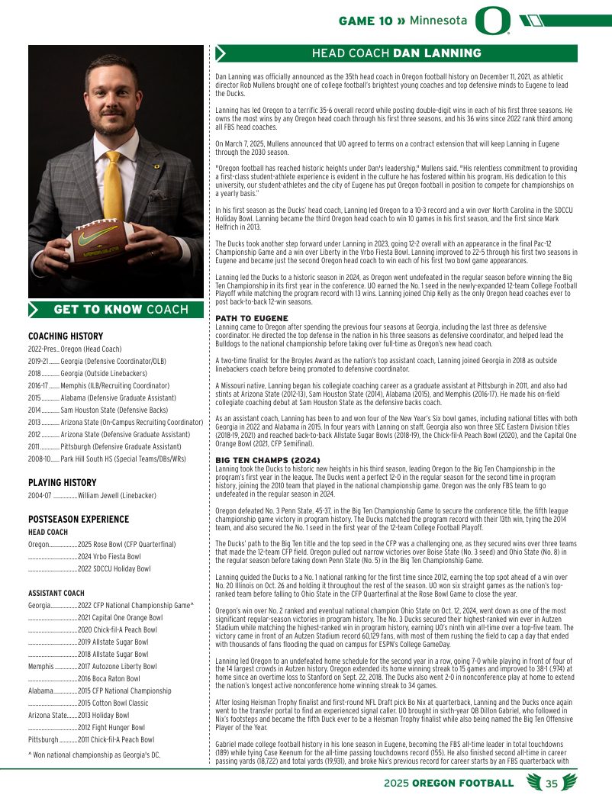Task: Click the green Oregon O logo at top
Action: pos(491,21)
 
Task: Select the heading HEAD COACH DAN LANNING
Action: pos(396,53)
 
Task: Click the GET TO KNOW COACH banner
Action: pos(116,309)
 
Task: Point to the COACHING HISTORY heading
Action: pos(66,336)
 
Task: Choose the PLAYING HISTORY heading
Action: pos(62,482)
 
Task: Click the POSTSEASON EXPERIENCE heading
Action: pos(79,519)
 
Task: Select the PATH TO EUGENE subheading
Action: pos(252,317)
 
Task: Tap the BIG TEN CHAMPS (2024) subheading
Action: pos(263,459)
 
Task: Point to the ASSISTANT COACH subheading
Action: pos(56,593)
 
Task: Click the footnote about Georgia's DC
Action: pos(94,755)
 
